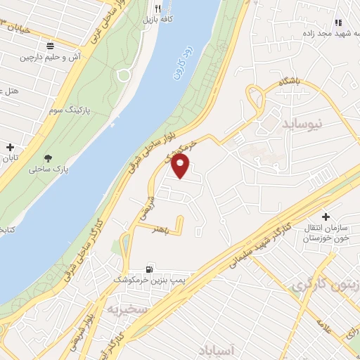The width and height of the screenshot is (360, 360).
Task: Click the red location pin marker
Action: point(181,165)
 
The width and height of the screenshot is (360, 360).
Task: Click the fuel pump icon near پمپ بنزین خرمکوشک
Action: point(149,269)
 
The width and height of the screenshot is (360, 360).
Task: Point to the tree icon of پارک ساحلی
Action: point(48,159)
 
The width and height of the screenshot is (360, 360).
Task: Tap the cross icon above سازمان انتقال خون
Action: point(325,217)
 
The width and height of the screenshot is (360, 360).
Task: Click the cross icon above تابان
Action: point(10,148)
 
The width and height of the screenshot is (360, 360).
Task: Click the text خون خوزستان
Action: point(326,239)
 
